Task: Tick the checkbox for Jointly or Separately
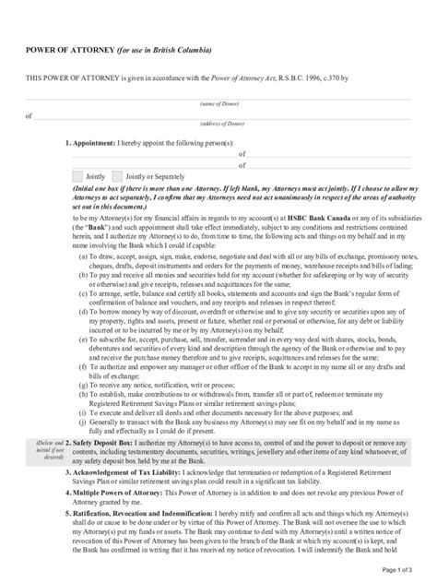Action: click(x=117, y=175)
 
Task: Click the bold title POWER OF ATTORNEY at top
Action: click(x=68, y=49)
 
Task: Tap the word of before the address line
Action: click(x=28, y=116)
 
